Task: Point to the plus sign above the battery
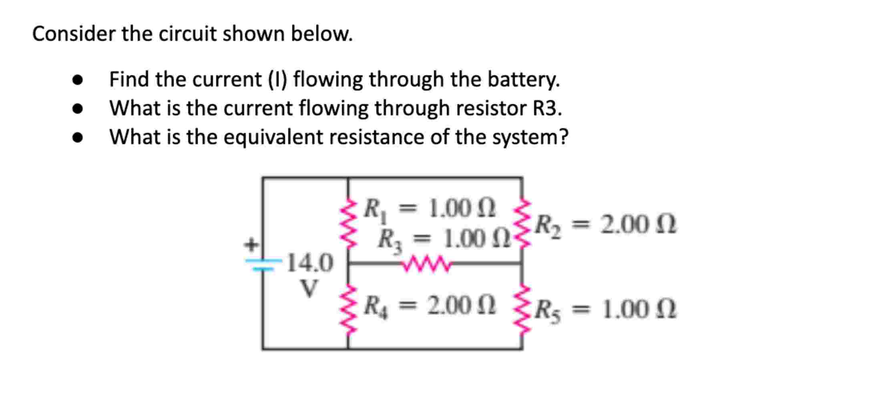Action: pyautogui.click(x=252, y=244)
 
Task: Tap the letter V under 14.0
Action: pyautogui.click(x=309, y=288)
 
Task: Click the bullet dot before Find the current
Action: pyautogui.click(x=78, y=80)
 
